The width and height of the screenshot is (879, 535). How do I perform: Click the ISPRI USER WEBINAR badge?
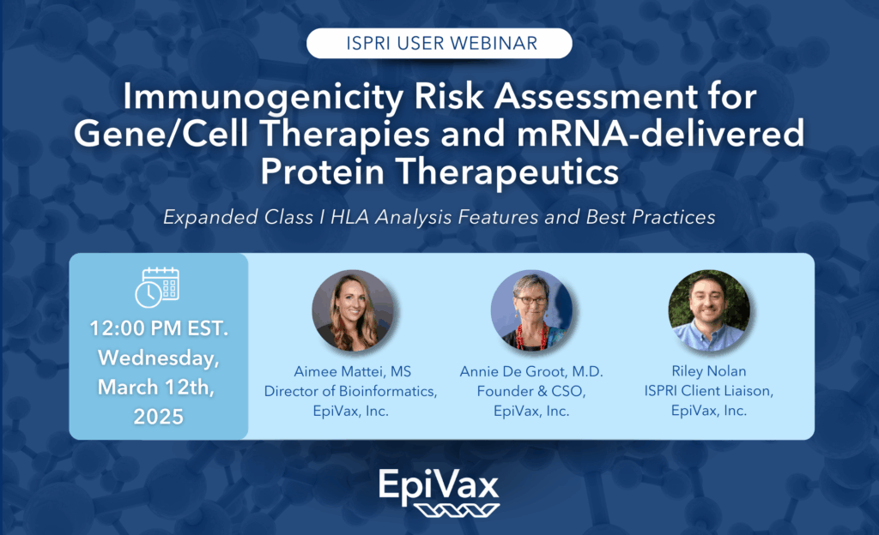point(439,43)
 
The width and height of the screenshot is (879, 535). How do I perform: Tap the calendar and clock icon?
point(158,287)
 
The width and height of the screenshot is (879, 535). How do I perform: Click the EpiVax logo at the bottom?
point(439,492)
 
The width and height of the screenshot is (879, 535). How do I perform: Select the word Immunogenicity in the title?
point(263,96)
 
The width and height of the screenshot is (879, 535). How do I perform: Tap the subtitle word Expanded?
point(210,217)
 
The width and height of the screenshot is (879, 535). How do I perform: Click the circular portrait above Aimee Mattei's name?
point(353,310)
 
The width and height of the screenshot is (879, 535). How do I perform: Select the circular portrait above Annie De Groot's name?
point(531,310)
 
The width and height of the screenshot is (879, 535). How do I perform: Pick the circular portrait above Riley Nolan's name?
point(709,310)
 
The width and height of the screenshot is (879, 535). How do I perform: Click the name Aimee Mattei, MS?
point(353,371)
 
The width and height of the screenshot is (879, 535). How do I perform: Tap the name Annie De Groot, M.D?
point(531,371)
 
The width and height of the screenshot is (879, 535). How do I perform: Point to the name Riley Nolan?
point(709,371)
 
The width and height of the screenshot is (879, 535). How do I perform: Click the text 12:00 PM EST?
point(159,328)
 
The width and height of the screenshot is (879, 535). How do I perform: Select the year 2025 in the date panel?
point(159,417)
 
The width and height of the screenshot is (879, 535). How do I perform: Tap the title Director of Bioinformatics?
point(351,391)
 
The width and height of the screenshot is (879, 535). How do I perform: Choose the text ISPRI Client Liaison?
point(709,391)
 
